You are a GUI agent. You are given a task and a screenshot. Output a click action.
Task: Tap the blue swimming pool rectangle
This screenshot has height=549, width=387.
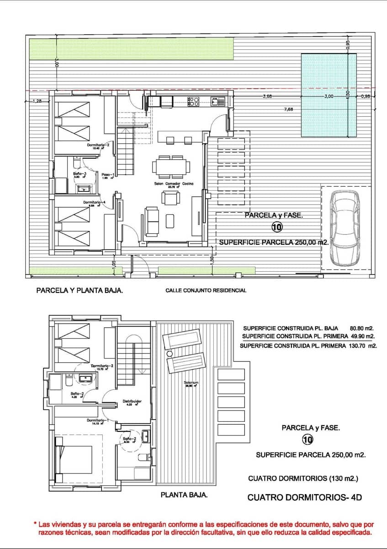click(x=329, y=95)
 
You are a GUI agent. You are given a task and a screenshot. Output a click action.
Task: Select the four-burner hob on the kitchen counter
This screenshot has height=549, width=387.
click(x=194, y=102)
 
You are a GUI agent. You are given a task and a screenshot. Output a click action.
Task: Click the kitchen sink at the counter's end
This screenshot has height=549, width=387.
click(x=215, y=102)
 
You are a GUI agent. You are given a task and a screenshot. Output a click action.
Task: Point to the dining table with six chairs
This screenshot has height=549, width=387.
click(x=171, y=167)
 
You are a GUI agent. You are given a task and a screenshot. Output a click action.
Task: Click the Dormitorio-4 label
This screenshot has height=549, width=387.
click(x=95, y=202)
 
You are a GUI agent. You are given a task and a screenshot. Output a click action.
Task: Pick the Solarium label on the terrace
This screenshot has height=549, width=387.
click(x=191, y=382)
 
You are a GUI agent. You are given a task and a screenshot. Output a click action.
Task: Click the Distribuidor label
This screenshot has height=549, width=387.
click(x=132, y=401)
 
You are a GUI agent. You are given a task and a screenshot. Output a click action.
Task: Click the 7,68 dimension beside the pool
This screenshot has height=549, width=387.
click(x=288, y=109)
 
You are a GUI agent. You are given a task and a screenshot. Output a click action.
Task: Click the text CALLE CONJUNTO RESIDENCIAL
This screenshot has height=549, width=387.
click(x=206, y=290)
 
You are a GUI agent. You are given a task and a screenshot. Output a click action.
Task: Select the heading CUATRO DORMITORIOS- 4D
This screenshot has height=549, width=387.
click(x=304, y=497)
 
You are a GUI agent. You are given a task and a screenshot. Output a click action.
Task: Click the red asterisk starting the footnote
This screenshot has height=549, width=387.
click(x=35, y=523)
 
